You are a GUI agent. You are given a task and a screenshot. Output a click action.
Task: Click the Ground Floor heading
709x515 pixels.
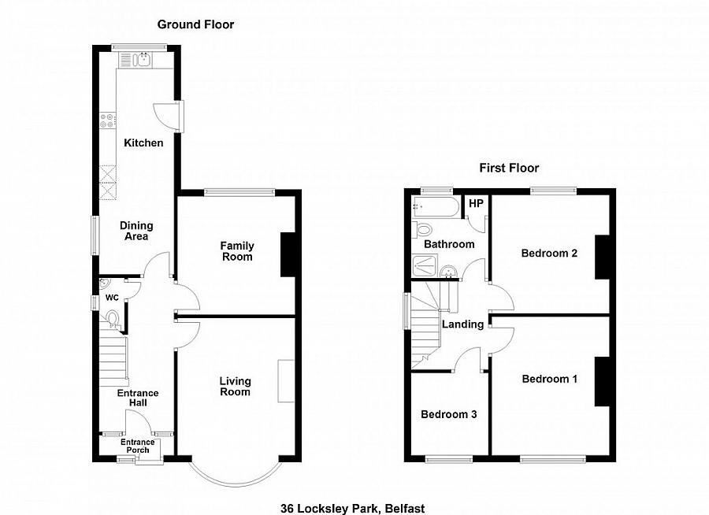point(195,24)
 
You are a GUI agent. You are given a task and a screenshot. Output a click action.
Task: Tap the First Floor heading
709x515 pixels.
point(509,168)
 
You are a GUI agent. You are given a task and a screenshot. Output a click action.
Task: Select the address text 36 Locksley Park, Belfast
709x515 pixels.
point(352,509)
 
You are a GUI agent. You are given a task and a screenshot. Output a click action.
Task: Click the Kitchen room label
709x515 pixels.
point(143,143)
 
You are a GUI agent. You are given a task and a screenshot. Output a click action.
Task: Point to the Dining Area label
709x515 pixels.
point(134,231)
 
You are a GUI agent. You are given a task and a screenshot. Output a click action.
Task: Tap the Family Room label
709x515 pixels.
point(236,251)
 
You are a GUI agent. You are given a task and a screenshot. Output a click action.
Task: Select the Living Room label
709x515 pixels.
point(235,387)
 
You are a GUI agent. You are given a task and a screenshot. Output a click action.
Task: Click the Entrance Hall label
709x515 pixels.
point(138,398)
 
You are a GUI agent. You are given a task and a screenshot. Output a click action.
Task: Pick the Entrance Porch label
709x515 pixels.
point(138,446)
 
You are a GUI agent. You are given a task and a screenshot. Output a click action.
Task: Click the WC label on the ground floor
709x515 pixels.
point(112,298)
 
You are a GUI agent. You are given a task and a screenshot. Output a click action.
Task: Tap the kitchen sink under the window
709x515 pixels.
point(143,58)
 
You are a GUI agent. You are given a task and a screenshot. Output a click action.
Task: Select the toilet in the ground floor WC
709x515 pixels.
point(113,319)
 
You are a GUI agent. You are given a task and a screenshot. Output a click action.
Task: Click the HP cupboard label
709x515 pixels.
point(475,203)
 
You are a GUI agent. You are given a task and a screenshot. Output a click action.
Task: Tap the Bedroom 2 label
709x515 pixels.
point(549,254)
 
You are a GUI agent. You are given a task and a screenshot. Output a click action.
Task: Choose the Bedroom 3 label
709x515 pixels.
point(448,414)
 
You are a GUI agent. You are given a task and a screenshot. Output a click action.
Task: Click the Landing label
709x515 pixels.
point(462,324)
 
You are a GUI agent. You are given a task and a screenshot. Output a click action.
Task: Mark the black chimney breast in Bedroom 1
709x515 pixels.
point(602,381)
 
